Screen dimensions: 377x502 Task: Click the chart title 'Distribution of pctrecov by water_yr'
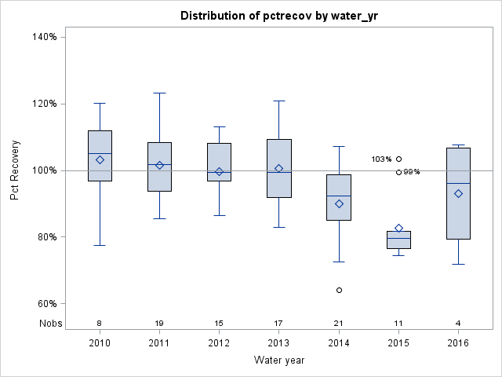(x=280, y=16)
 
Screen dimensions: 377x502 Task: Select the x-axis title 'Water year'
(x=279, y=360)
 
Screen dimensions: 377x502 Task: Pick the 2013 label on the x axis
(x=279, y=342)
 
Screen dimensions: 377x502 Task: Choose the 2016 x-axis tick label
(x=458, y=342)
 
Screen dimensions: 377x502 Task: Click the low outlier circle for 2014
(x=339, y=290)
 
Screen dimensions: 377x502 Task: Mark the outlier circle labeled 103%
(x=398, y=159)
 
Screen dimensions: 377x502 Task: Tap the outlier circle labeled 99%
(x=398, y=172)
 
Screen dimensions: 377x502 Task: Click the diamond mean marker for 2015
(x=398, y=229)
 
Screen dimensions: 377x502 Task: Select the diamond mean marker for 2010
(x=100, y=159)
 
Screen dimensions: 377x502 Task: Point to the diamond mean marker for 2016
(x=458, y=193)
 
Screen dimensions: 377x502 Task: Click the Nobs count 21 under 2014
(x=339, y=323)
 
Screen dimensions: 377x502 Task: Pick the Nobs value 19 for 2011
(x=159, y=323)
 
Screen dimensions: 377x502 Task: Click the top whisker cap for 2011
(x=159, y=93)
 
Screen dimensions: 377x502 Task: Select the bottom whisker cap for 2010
(x=100, y=245)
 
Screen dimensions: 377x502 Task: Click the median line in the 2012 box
(x=219, y=171)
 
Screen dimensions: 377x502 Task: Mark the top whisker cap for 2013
(x=279, y=101)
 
